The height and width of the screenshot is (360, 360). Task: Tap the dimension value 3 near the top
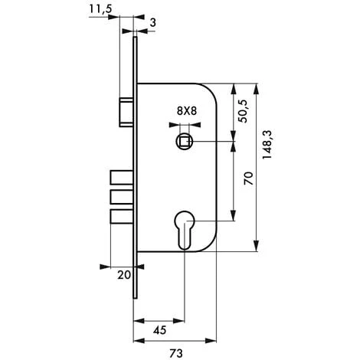pos(152,24)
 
